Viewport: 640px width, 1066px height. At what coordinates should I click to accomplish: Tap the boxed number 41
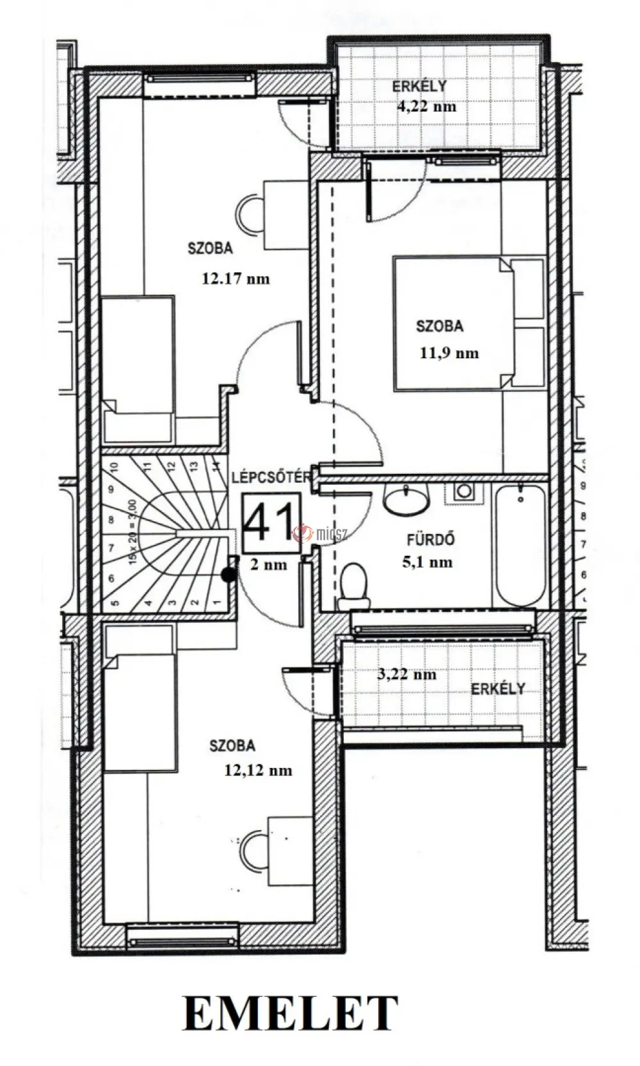pyautogui.click(x=271, y=523)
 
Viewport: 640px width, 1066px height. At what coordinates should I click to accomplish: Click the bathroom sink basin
pyautogui.click(x=406, y=499)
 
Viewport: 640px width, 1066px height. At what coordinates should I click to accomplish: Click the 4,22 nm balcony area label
pyautogui.click(x=427, y=106)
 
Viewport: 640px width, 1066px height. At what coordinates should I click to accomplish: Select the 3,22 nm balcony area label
pyautogui.click(x=406, y=675)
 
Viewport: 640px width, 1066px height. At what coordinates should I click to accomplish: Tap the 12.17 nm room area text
pyautogui.click(x=236, y=278)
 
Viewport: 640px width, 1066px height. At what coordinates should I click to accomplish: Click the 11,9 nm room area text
pyautogui.click(x=449, y=353)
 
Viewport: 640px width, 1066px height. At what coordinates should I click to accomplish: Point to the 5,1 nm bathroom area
pyautogui.click(x=427, y=563)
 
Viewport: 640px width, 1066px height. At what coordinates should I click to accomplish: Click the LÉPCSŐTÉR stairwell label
pyautogui.click(x=271, y=477)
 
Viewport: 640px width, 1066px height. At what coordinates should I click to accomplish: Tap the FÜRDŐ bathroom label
pyautogui.click(x=431, y=540)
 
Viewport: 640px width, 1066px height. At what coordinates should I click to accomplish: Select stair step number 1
pyautogui.click(x=217, y=602)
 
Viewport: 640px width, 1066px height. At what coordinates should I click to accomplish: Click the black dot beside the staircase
pyautogui.click(x=229, y=575)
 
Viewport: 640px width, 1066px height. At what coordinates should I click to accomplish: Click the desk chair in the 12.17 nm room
pyautogui.click(x=250, y=214)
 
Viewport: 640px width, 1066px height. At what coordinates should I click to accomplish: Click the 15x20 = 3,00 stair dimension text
pyautogui.click(x=133, y=531)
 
